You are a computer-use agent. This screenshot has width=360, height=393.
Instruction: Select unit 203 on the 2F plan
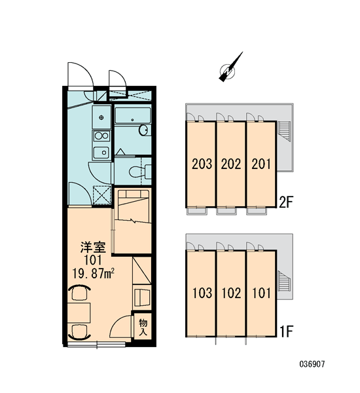(x=200, y=164)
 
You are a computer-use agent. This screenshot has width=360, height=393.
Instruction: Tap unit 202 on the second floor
(x=231, y=164)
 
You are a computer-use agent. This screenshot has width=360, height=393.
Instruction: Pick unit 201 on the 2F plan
(x=261, y=164)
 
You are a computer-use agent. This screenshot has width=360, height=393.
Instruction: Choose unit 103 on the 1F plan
(x=200, y=293)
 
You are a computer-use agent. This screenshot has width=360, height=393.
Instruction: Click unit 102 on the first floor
(x=231, y=293)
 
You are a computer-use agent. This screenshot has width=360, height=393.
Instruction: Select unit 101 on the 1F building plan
(x=261, y=293)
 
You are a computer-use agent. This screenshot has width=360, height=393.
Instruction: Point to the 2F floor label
(x=286, y=202)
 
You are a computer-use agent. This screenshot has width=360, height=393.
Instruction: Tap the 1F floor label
(x=286, y=331)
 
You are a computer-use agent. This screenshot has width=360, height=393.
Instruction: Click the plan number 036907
(x=312, y=364)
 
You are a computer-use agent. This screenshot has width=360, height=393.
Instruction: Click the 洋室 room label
(x=93, y=248)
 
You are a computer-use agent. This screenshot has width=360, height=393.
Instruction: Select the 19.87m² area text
(x=94, y=273)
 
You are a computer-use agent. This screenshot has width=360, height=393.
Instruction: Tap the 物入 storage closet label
(x=143, y=327)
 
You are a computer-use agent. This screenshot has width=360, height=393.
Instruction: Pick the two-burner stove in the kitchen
(x=101, y=136)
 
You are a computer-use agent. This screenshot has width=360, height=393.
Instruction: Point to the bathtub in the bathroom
(x=133, y=115)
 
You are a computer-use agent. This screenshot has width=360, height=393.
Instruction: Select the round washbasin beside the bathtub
(x=144, y=130)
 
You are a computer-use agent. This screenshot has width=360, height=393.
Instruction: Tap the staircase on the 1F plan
(x=284, y=282)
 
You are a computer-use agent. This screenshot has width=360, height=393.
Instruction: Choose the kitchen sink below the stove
(x=101, y=152)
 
